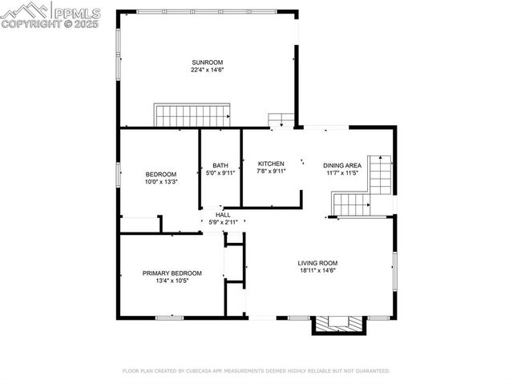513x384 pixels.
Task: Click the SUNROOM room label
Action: pos(207,63)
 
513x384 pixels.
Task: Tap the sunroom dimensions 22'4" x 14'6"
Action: pos(207,71)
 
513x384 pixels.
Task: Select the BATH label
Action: pos(220,165)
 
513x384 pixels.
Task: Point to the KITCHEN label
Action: pos(271,164)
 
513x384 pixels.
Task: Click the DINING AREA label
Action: pos(342,165)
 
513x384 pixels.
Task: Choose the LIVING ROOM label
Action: pos(317,263)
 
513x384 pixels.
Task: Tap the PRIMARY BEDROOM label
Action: pos(172,273)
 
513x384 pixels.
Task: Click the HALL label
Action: pos(223,215)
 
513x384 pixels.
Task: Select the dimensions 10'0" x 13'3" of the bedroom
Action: pos(161,182)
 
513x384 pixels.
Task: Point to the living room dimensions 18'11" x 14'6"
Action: pos(317,271)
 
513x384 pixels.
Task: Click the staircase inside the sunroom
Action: pos(192,115)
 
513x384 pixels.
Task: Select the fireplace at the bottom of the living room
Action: pos(339,324)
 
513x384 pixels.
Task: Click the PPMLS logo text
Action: pos(76,13)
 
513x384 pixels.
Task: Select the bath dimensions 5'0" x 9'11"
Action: pos(220,173)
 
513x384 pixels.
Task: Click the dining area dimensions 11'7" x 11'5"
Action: pos(342,173)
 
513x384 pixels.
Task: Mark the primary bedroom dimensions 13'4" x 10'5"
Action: pos(172,281)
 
